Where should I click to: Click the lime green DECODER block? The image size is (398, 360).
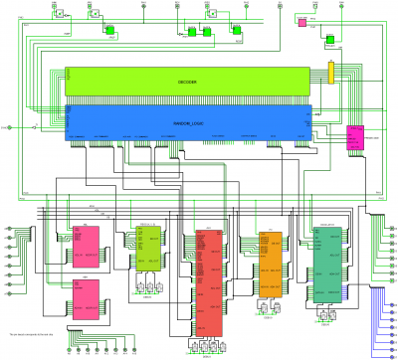[x=189, y=83]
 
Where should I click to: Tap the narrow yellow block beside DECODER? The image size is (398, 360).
[x=331, y=73]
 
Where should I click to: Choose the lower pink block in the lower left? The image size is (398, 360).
[x=86, y=298]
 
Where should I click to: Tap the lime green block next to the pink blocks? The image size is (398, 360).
[x=149, y=250]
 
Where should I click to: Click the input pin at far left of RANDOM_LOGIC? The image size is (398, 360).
[x=11, y=127]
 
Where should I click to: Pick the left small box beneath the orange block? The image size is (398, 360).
[x=261, y=309]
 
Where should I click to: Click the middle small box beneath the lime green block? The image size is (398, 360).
[x=149, y=289]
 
